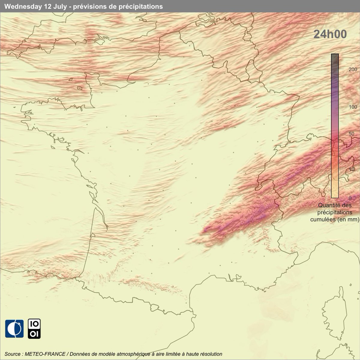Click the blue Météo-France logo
[x=14, y=329]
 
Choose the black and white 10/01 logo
[x=34, y=329]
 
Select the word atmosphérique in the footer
[x=139, y=354]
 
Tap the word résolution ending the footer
[x=211, y=354]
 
